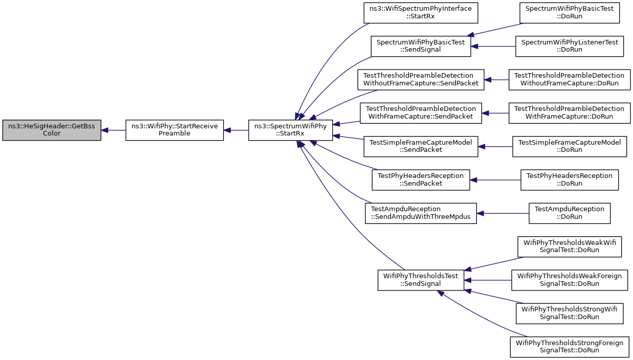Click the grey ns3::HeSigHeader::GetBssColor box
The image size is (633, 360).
(x=52, y=130)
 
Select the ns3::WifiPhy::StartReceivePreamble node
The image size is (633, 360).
(x=174, y=130)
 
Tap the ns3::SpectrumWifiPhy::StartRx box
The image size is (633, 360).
(x=291, y=130)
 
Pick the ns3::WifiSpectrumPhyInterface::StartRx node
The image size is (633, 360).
(x=421, y=13)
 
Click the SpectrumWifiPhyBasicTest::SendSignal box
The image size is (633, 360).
(x=421, y=47)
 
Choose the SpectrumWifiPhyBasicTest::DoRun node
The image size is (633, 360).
(x=570, y=13)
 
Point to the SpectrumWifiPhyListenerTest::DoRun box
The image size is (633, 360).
(x=570, y=47)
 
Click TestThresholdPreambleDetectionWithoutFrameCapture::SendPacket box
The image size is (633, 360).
(x=421, y=80)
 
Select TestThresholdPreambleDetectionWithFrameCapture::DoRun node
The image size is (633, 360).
(x=570, y=113)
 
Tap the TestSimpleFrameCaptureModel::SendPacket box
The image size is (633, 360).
(x=421, y=147)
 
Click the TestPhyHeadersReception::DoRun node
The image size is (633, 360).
(x=570, y=180)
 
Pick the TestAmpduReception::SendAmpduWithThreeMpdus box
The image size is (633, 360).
(x=421, y=213)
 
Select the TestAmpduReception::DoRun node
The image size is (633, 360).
(x=570, y=213)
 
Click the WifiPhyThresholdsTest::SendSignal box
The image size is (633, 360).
(x=421, y=280)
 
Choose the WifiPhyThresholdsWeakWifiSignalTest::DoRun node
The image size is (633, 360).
(x=570, y=247)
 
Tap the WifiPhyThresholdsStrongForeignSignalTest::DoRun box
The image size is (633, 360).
(x=570, y=347)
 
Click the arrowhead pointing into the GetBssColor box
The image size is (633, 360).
(x=104, y=130)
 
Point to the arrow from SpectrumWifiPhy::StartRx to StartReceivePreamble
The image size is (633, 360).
(x=236, y=130)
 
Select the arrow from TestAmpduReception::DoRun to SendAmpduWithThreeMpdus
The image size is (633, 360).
(x=503, y=213)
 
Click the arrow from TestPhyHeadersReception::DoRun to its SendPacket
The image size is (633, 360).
(x=495, y=180)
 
